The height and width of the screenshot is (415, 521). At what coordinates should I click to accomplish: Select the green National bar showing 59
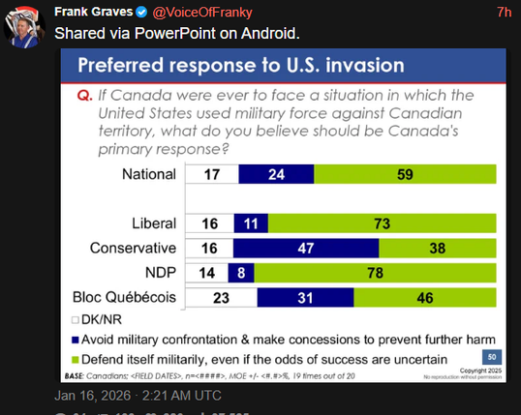[x=404, y=174]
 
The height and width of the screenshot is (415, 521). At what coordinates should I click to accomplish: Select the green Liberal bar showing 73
[x=377, y=222]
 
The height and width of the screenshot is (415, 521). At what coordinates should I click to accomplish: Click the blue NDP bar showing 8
[x=240, y=272]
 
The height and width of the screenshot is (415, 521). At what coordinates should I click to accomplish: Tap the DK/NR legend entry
[x=96, y=318]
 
